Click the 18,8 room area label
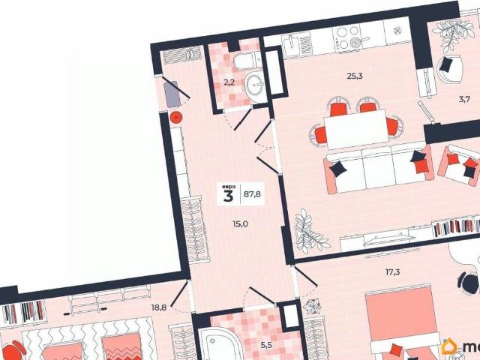click(159, 307)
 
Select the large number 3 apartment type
click(228, 196)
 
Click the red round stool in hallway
click(175, 117)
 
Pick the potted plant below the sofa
click(309, 232)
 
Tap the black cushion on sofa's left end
click(339, 169)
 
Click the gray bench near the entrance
click(173, 93)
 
